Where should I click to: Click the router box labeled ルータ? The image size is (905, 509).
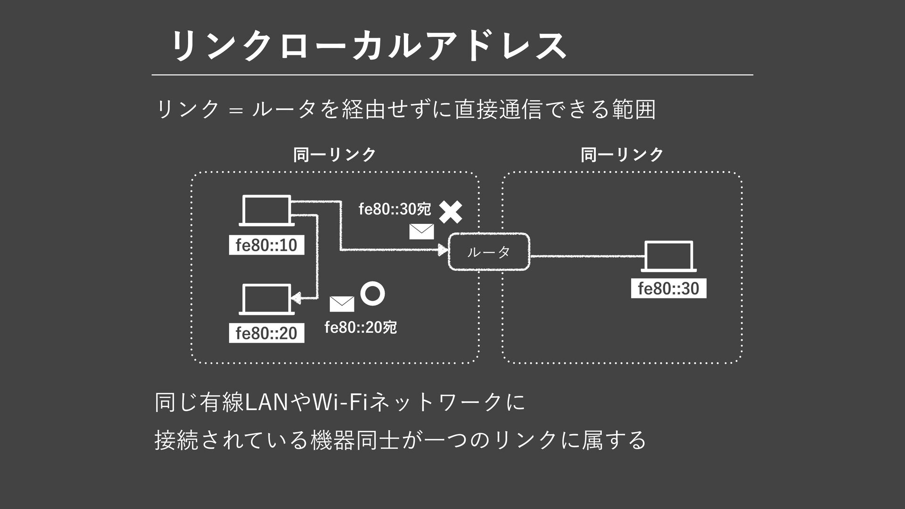tap(489, 252)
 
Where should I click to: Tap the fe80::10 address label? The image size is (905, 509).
tap(266, 245)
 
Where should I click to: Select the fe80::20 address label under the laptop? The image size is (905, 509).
tap(266, 333)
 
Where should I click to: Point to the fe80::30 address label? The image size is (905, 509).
tap(668, 288)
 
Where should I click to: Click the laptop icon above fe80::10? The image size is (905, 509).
tap(266, 210)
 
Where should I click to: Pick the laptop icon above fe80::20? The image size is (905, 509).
tap(266, 299)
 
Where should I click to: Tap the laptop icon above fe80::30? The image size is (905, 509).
tap(668, 256)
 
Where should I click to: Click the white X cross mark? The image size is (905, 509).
tap(451, 212)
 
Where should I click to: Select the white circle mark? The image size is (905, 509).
tap(372, 293)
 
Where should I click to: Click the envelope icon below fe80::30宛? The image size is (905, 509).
tap(421, 231)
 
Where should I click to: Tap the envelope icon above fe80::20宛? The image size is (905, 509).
tap(342, 304)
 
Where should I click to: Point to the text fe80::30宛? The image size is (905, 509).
tap(395, 208)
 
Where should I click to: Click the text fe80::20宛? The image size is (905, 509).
tap(361, 327)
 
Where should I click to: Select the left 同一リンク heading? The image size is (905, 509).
tap(335, 155)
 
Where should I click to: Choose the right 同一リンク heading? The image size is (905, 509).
tap(622, 155)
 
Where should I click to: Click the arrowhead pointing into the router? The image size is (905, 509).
tap(443, 250)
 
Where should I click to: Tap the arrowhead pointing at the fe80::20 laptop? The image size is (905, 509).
tap(296, 298)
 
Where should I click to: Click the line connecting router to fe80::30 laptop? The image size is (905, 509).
tap(585, 256)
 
